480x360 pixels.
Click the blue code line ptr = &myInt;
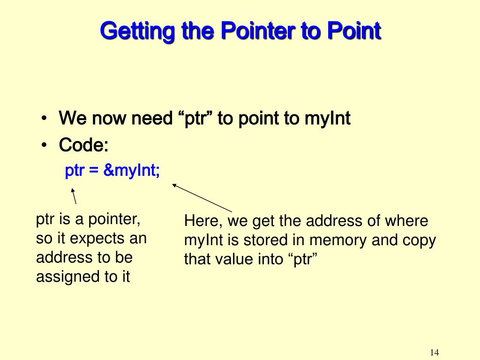point(112,171)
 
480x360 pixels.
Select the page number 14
point(434,352)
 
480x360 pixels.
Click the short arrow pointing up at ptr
point(74,196)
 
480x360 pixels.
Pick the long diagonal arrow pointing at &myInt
point(202,198)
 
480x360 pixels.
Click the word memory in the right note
point(338,240)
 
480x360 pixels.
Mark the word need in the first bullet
point(151,119)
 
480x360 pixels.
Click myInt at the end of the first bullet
point(327,119)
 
